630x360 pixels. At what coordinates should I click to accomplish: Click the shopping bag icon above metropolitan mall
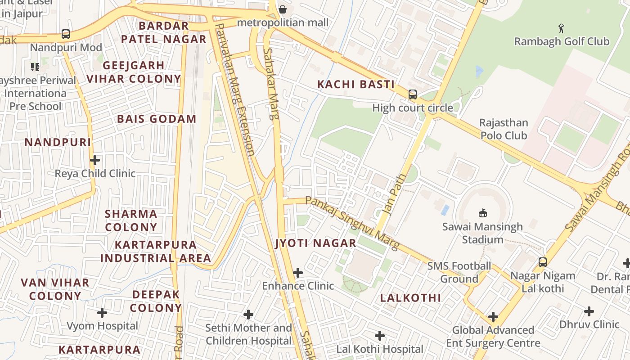(282, 9)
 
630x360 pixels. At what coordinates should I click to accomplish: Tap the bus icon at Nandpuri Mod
(66, 34)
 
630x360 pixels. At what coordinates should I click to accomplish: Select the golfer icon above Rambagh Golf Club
(561, 29)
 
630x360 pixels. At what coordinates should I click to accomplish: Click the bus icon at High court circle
(412, 94)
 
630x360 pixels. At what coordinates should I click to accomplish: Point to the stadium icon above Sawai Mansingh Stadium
(482, 213)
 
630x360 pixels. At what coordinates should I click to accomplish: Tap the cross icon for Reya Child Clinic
(95, 160)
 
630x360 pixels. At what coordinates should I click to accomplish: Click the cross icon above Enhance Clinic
(297, 272)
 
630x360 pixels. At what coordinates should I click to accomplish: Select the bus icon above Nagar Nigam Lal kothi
(543, 262)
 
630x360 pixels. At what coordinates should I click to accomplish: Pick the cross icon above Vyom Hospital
(102, 312)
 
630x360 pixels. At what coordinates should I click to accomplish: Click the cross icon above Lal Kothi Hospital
(380, 335)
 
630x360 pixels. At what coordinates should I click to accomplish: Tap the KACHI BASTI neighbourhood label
(355, 84)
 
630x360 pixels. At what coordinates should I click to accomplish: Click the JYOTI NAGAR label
(315, 243)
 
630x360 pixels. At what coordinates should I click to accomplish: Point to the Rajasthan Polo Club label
(503, 129)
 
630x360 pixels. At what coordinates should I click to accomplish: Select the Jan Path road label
(393, 194)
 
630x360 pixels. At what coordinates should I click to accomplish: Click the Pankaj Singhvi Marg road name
(352, 223)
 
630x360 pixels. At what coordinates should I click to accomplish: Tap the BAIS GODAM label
(157, 119)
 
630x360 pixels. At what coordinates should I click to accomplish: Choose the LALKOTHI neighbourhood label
(410, 297)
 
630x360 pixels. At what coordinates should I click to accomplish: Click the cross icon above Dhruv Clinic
(589, 311)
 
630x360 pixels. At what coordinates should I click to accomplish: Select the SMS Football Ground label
(459, 272)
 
